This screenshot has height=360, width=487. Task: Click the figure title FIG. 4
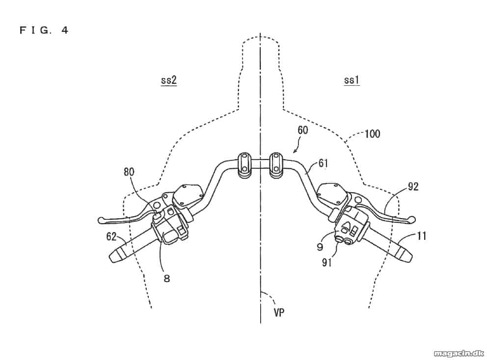tap(44, 30)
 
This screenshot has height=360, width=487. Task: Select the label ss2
tap(169, 80)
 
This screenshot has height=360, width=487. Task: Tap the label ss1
tap(352, 80)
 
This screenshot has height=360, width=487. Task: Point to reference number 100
tap(373, 134)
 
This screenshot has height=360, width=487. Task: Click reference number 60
tap(303, 130)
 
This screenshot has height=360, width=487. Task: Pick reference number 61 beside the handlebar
tap(323, 163)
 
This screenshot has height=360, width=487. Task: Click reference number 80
tap(129, 172)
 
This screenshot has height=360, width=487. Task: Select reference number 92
tap(413, 186)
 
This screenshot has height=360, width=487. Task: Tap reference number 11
tap(421, 236)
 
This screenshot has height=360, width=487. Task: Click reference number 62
tap(111, 237)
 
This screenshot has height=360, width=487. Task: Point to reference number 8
tap(167, 279)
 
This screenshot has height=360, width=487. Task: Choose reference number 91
tap(327, 262)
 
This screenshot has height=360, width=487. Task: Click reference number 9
tap(320, 247)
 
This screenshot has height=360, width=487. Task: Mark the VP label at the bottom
tap(279, 312)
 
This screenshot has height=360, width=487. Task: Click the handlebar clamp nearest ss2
tap(244, 166)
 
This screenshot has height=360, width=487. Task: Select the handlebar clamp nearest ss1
tap(275, 166)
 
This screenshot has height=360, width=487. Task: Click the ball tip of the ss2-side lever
tap(101, 220)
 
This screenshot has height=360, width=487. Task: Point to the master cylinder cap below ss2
tap(187, 196)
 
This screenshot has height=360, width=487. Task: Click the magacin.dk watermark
tap(459, 353)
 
